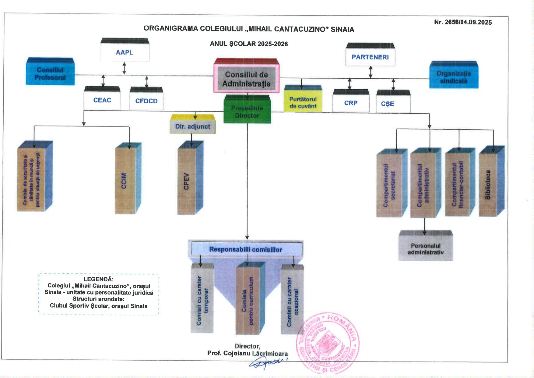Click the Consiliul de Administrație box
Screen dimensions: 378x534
click(246, 79)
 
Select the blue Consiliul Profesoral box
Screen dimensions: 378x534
click(50, 73)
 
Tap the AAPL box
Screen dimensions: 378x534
click(125, 52)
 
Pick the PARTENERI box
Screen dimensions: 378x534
click(370, 57)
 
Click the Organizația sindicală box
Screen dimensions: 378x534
click(454, 77)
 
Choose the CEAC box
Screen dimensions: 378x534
click(102, 100)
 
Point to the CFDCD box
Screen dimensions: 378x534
click(146, 101)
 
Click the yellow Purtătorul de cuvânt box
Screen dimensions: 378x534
click(303, 102)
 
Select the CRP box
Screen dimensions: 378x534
click(351, 103)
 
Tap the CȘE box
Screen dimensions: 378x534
click(388, 104)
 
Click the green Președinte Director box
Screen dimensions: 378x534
click(247, 112)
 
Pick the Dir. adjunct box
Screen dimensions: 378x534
click(192, 127)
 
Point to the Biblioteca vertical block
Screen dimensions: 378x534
click(488, 184)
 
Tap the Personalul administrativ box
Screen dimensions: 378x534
click(426, 249)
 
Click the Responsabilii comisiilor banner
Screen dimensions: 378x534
click(245, 249)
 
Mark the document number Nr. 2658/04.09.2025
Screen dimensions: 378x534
click(463, 22)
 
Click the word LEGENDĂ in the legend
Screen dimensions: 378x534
click(98, 279)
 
